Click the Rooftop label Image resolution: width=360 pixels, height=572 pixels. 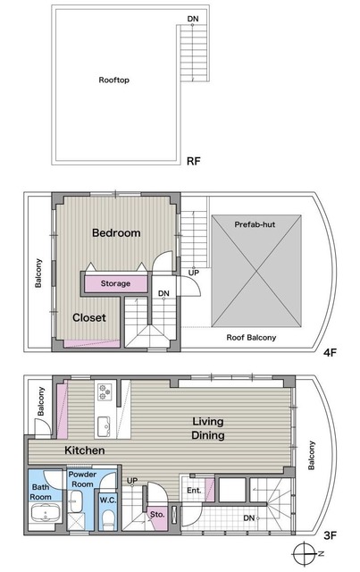pos(113,80)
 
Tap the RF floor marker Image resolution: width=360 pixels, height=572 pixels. pos(193,161)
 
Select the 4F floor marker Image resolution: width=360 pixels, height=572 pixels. pos(330,352)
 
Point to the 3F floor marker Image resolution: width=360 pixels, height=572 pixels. pos(330,535)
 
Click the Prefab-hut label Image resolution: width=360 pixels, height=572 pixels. pos(255,224)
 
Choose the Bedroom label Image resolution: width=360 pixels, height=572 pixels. pos(116,232)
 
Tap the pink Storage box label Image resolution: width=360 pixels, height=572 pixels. pos(115,283)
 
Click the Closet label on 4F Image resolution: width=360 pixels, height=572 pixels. pos(89,318)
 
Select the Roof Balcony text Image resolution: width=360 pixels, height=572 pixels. pos(251,338)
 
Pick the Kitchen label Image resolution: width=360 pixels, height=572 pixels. pos(85,450)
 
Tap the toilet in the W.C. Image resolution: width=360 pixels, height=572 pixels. pos(108,518)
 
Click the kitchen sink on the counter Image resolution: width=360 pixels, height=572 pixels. pos(105,425)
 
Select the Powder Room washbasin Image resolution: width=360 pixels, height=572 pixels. pos(76,501)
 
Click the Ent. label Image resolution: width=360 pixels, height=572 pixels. pos(194,491)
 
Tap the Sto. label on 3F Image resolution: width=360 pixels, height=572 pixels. pos(157,515)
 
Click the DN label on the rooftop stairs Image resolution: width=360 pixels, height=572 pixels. pos(193,19)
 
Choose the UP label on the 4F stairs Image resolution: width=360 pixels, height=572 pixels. pos(193,273)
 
